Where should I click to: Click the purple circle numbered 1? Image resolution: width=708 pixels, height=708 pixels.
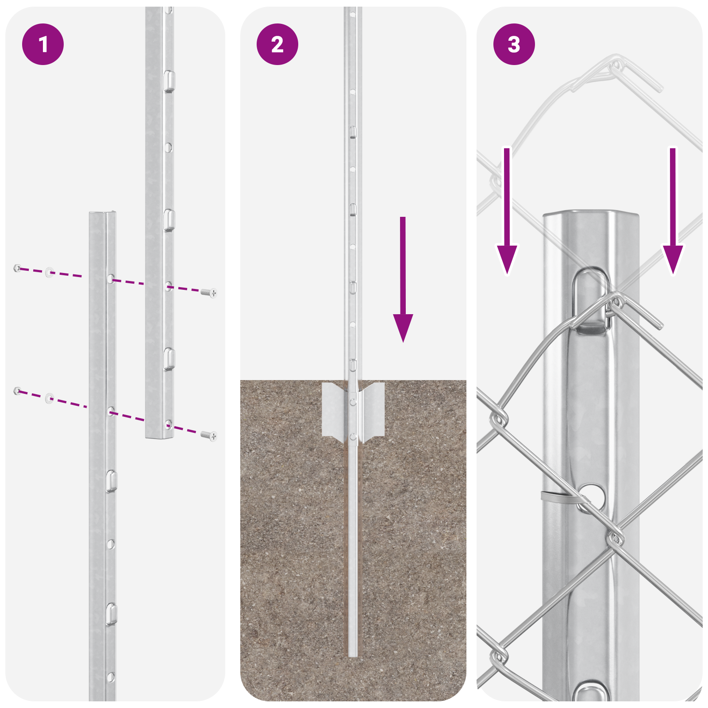pyautogui.click(x=43, y=44)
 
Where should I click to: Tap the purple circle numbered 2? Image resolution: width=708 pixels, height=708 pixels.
pyautogui.click(x=277, y=44)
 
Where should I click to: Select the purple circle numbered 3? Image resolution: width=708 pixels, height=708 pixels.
pyautogui.click(x=514, y=44)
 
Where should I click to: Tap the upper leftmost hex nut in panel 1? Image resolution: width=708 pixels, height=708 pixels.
pyautogui.click(x=17, y=268)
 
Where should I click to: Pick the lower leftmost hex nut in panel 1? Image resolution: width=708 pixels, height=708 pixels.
pyautogui.click(x=17, y=391)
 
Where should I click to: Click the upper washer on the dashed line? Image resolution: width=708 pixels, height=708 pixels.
pyautogui.click(x=49, y=272)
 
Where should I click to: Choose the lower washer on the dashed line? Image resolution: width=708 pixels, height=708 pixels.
pyautogui.click(x=49, y=398)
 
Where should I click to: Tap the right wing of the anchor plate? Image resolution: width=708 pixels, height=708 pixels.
pyautogui.click(x=373, y=409)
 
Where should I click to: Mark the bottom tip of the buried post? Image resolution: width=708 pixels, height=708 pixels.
pyautogui.click(x=353, y=655)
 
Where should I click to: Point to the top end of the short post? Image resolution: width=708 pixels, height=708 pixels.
pyautogui.click(x=102, y=214)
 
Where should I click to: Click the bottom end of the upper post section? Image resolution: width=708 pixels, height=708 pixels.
pyautogui.click(x=159, y=437)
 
